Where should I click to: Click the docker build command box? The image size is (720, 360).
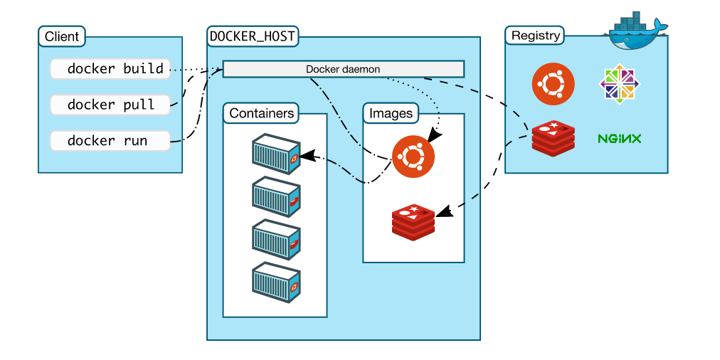point(110,69)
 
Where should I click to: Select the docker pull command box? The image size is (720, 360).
point(110,105)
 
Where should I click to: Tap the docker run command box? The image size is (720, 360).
point(110,140)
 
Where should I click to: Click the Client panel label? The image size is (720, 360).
point(62,36)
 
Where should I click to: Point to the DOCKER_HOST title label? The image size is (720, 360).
point(253,36)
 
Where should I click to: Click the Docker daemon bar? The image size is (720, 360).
point(344,69)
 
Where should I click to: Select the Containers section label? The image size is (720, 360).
point(261,112)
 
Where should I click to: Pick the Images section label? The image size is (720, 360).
point(391,112)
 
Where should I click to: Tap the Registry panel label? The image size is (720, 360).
point(536,36)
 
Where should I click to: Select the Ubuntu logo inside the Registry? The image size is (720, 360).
point(554,84)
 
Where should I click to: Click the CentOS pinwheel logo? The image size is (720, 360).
point(619,84)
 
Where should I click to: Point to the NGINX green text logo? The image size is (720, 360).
point(620,138)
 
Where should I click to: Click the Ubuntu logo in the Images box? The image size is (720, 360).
point(413,157)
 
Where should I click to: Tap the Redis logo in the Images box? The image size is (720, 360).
point(413,221)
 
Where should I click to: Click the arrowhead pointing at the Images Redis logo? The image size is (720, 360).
point(442,211)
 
